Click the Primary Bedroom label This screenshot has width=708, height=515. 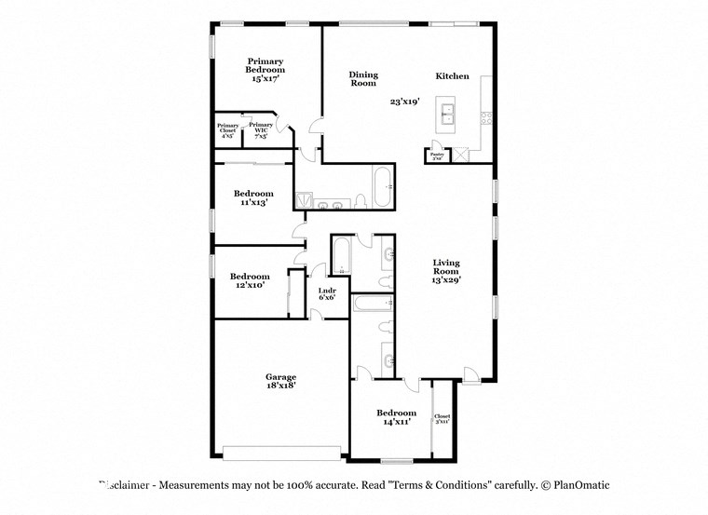tap(265, 70)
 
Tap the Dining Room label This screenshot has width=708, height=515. tap(363, 79)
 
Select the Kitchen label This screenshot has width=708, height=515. tap(452, 76)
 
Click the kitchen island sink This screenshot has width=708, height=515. tap(449, 115)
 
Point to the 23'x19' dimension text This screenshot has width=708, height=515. tap(404, 102)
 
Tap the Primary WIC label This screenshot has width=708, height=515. tap(262, 128)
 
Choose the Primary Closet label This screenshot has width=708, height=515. tap(227, 129)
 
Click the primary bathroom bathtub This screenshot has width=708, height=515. tap(383, 185)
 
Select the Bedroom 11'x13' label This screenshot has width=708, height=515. tap(253, 197)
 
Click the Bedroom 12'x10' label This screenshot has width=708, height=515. tap(250, 280)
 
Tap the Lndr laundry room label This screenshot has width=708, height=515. tap(327, 294)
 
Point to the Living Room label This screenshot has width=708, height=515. tap(446, 271)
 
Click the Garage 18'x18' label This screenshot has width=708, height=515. tap(280, 381)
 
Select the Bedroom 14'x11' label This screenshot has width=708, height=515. tap(396, 416)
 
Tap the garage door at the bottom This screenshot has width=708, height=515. tap(281, 453)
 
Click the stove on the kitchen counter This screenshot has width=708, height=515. tap(485, 117)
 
